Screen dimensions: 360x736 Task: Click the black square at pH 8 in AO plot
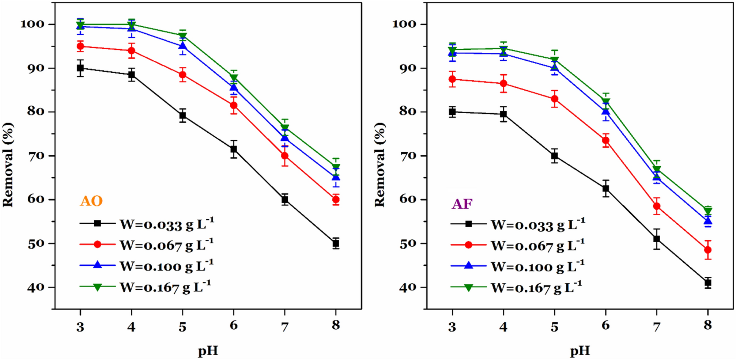(336, 243)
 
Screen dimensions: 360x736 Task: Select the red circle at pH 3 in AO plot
(80, 46)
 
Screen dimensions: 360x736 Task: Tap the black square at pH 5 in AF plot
(555, 156)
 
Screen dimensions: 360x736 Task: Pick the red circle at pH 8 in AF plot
(708, 250)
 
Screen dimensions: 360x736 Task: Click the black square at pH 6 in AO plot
(234, 149)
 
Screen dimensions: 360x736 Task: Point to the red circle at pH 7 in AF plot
(657, 206)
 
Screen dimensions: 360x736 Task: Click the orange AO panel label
(91, 201)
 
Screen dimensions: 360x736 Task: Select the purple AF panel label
(462, 204)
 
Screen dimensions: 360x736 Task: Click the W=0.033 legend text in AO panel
(167, 224)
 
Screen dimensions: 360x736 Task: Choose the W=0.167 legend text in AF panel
(536, 288)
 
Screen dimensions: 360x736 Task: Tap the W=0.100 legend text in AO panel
(167, 266)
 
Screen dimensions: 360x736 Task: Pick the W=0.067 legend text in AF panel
(537, 246)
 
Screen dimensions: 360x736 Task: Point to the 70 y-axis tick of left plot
(37, 156)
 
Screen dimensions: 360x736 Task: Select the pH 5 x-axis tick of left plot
(182, 326)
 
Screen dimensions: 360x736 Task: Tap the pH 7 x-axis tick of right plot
(657, 326)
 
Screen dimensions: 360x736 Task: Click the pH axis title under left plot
(208, 351)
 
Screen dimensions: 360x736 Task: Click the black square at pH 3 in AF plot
(452, 112)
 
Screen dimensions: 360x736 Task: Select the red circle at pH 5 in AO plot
(182, 75)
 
